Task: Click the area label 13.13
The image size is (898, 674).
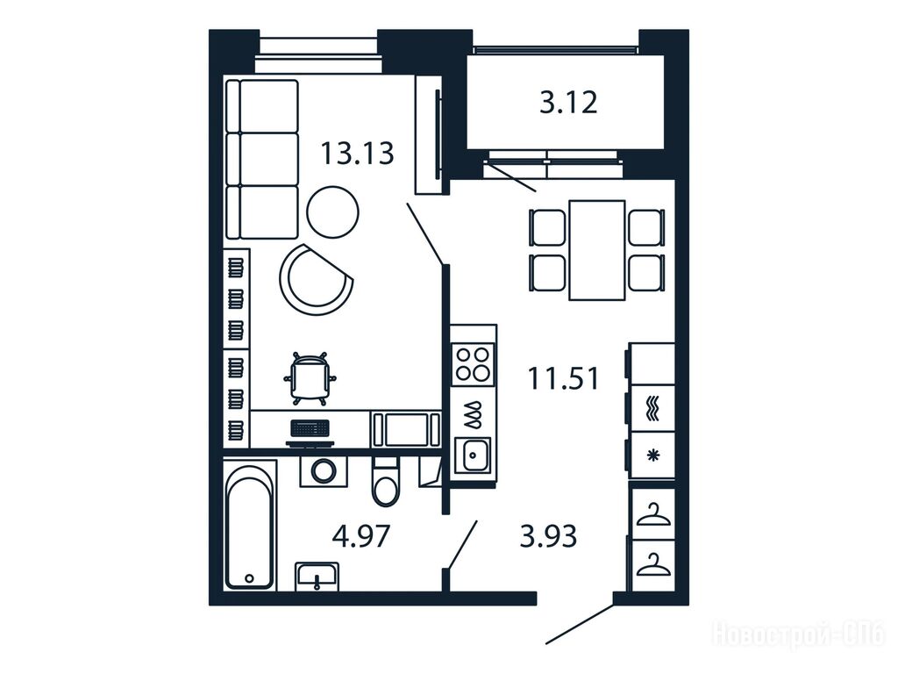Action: click(x=358, y=154)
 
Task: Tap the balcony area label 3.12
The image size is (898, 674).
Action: click(x=568, y=103)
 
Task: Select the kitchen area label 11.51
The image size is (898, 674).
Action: click(x=564, y=379)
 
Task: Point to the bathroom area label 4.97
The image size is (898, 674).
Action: click(x=361, y=537)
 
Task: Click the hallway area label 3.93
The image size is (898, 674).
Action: click(x=548, y=536)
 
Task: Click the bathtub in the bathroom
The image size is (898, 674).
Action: click(x=249, y=527)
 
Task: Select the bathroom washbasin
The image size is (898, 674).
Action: click(x=317, y=576)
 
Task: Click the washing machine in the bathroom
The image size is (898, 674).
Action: click(x=324, y=471)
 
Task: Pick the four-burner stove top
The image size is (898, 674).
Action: click(x=473, y=364)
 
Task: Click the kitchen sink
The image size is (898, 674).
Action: click(x=473, y=455)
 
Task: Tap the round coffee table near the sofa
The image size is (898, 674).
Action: click(x=332, y=212)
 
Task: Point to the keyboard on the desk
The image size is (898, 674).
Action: click(x=310, y=428)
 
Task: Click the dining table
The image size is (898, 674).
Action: click(x=596, y=250)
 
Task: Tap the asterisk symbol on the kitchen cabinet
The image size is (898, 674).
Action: click(x=652, y=455)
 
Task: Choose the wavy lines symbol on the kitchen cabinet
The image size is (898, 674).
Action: click(x=652, y=409)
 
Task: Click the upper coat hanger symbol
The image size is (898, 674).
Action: click(x=653, y=514)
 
